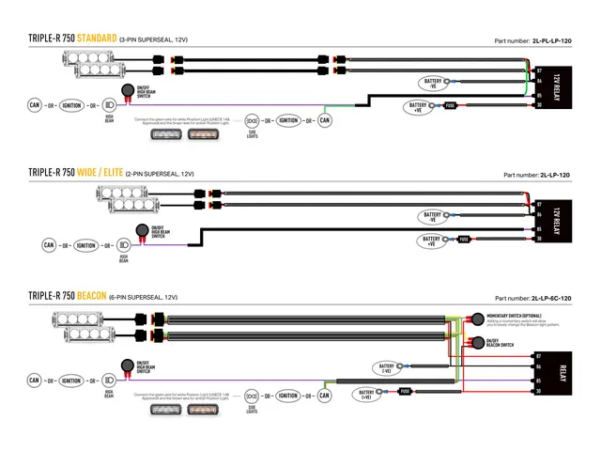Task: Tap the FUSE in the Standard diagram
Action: (x=450, y=105)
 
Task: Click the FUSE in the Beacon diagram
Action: (x=404, y=390)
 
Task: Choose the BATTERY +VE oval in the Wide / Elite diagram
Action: (x=432, y=241)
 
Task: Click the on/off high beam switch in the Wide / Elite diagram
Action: (x=143, y=230)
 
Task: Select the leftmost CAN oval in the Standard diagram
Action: (x=34, y=105)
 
